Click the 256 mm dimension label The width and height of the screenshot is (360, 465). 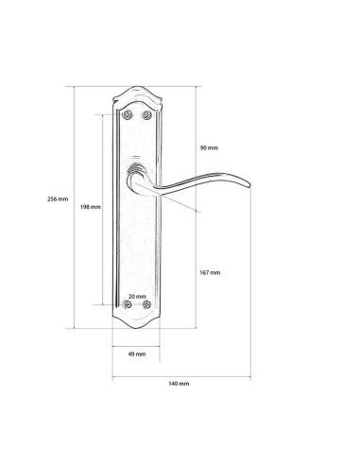tap(58, 199)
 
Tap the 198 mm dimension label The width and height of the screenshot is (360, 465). tap(91, 207)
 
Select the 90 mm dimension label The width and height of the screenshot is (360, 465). tap(209, 147)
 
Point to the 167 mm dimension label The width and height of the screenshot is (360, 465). tap(210, 272)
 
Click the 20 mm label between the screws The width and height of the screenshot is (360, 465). tap(137, 297)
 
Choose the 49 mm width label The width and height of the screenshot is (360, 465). tap(137, 354)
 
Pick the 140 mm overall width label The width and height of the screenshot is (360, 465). tap(179, 384)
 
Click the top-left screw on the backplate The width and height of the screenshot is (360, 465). tap(127, 115)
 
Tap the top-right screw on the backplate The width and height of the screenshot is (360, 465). tap(146, 115)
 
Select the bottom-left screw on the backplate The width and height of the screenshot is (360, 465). tap(127, 304)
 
